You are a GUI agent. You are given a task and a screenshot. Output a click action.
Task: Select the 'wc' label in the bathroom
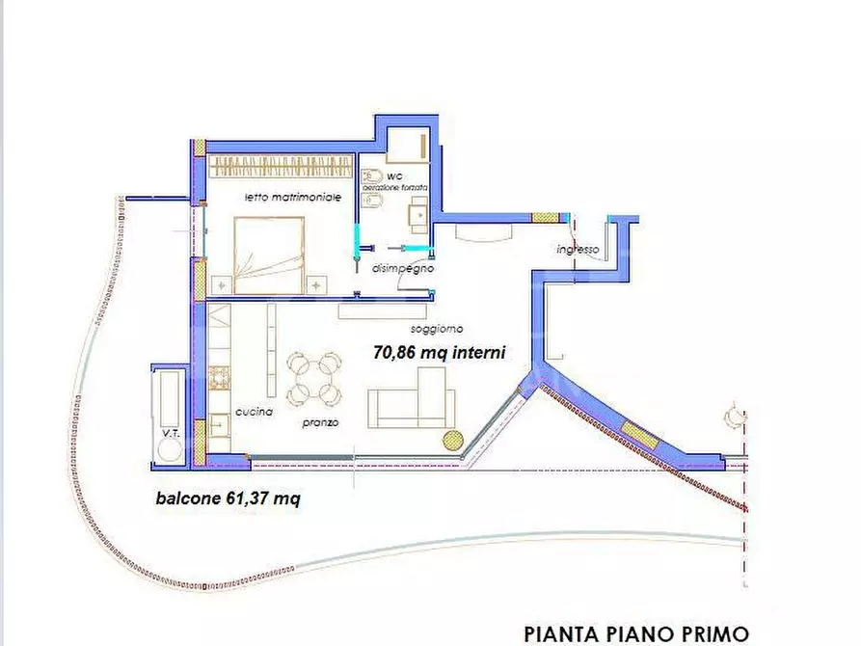click(x=394, y=177)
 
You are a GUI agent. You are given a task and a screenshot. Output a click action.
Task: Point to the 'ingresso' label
click(x=578, y=250)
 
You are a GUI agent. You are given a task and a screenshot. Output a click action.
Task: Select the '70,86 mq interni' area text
click(x=439, y=353)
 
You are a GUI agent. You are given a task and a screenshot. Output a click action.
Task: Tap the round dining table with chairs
click(x=313, y=378)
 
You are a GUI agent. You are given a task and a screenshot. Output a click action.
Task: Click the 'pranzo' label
click(x=318, y=423)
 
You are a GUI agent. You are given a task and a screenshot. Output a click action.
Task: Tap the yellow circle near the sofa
click(x=451, y=440)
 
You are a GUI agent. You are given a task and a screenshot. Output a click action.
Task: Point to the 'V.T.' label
click(x=172, y=434)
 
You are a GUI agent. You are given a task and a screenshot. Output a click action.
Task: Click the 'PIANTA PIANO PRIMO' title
click(x=635, y=633)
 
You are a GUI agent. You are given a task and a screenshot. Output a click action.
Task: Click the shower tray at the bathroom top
click(x=408, y=145)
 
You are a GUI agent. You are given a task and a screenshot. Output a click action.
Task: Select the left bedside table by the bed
click(x=222, y=284)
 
